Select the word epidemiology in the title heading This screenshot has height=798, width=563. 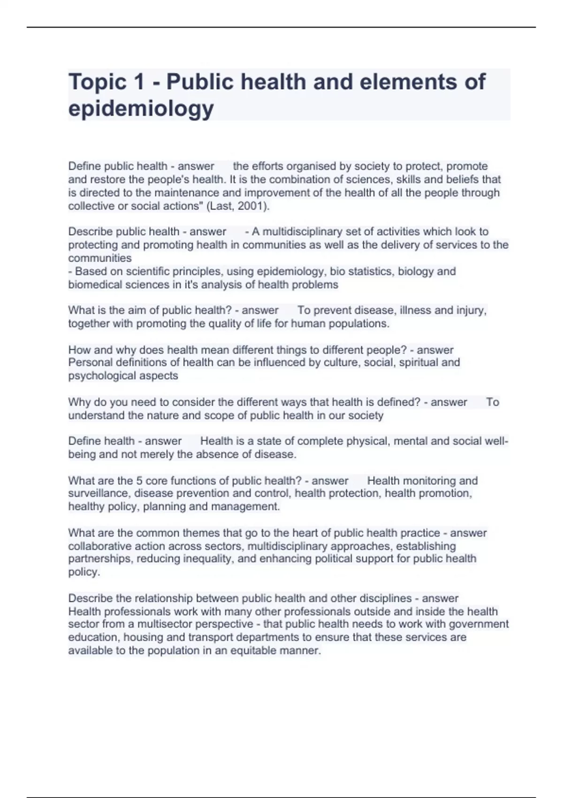pyautogui.click(x=141, y=109)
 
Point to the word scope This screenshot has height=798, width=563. pyautogui.click(x=225, y=415)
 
